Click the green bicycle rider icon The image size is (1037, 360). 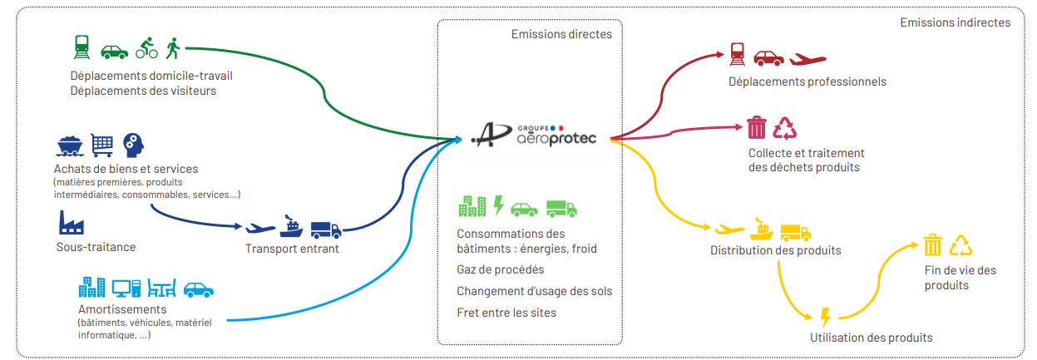tap(146, 49)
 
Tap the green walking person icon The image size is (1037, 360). tap(173, 49)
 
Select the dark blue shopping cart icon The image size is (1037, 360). tap(101, 145)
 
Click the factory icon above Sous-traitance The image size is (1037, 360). tap(72, 223)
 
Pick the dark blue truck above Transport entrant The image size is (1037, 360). tap(325, 229)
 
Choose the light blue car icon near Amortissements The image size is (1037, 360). tap(199, 288)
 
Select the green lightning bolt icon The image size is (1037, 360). tap(499, 205)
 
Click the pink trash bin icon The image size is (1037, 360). tap(756, 128)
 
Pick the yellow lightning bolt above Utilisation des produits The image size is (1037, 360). tap(825, 317)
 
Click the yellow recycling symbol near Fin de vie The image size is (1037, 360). tap(960, 245)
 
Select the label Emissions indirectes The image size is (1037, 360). tap(955, 22)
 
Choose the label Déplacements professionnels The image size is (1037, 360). tap(807, 81)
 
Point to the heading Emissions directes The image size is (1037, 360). tap(561, 34)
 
